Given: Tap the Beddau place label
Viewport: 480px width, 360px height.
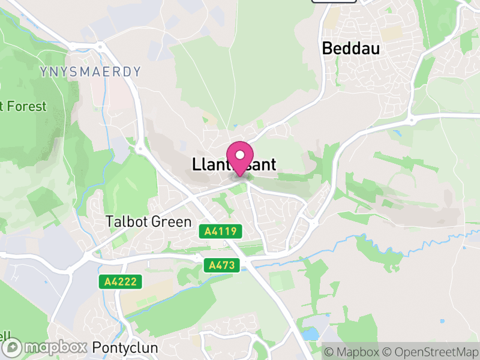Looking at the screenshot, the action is coord(351,49).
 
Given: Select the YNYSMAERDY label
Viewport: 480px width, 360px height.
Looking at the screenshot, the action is coord(91,72).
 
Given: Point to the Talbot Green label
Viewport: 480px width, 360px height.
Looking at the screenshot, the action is coord(148,221).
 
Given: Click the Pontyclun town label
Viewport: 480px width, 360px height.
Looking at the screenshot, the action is coord(125,347).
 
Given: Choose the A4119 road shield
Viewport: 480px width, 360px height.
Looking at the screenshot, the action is coord(223,231).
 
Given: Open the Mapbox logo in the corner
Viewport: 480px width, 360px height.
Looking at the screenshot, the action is coord(44,347).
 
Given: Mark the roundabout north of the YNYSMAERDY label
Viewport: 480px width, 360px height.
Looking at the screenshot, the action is coord(100,46).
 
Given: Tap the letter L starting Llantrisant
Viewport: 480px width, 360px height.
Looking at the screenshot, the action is coord(196,164).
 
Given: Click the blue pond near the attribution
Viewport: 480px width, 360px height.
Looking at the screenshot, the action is coord(311,334).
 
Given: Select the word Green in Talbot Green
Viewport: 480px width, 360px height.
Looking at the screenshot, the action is coord(172,221).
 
